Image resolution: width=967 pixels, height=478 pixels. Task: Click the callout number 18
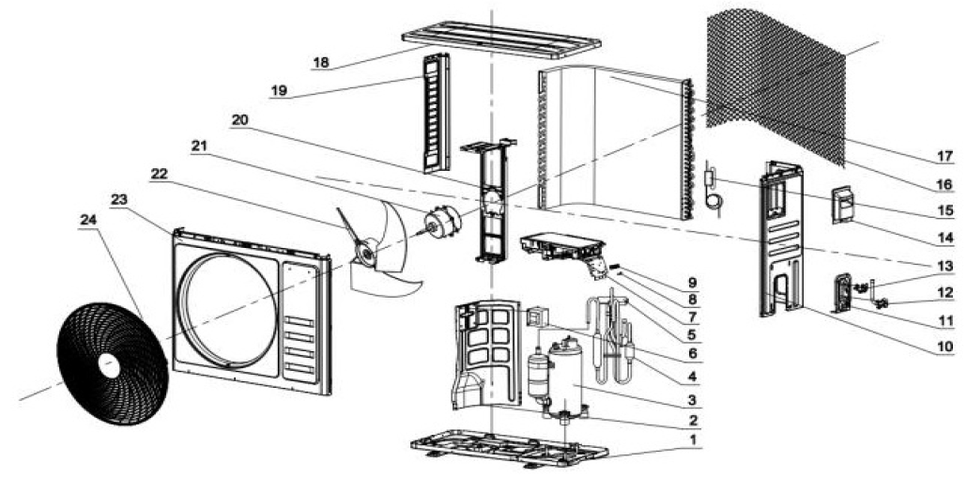pyautogui.click(x=321, y=63)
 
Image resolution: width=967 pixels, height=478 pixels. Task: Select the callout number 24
pyautogui.click(x=88, y=219)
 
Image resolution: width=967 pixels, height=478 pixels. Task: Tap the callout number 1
pyautogui.click(x=693, y=440)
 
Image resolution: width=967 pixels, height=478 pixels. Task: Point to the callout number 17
pyautogui.click(x=944, y=157)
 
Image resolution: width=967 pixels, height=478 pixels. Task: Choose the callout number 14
pyautogui.click(x=944, y=237)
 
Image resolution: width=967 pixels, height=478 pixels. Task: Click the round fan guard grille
pyautogui.click(x=113, y=363)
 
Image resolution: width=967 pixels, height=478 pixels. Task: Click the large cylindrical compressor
pyautogui.click(x=566, y=380)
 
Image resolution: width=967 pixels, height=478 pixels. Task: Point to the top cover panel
pyautogui.click(x=500, y=40)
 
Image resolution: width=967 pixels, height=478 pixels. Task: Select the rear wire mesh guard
pyautogui.click(x=775, y=84)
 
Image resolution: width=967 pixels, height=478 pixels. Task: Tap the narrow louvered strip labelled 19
pyautogui.click(x=436, y=113)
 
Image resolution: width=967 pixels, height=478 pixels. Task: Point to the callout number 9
pyautogui.click(x=693, y=284)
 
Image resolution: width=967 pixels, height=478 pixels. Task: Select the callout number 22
pyautogui.click(x=159, y=174)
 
